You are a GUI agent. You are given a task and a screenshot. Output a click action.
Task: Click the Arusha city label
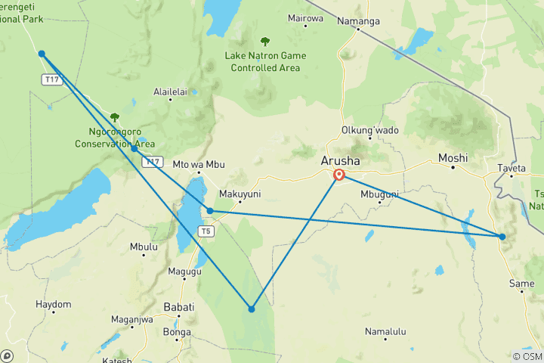pyautogui.click(x=341, y=161)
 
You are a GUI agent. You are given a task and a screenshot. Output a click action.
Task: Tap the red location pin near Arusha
pyautogui.click(x=339, y=175)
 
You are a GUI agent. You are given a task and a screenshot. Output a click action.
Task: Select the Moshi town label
pyautogui.click(x=453, y=158)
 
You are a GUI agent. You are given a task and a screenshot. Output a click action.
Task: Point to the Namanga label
pyautogui.click(x=358, y=21)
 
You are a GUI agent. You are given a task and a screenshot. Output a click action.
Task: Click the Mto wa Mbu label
pyautogui.click(x=199, y=164)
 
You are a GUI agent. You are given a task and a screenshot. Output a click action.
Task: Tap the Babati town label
pyautogui.click(x=179, y=307)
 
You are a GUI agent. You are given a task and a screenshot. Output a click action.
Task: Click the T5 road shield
pyautogui.click(x=204, y=231)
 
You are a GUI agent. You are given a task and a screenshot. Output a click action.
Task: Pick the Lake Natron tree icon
pyautogui.click(x=264, y=42)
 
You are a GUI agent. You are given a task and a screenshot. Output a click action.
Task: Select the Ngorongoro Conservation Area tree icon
pyautogui.click(x=114, y=117)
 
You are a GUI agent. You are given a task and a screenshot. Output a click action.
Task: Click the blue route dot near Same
pyautogui.click(x=502, y=237)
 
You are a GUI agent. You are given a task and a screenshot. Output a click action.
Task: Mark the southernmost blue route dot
pyautogui.click(x=252, y=309)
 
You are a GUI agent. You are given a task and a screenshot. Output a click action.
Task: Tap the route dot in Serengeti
pyautogui.click(x=42, y=54)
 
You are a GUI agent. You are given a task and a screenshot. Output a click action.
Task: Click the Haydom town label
pyautogui.click(x=54, y=304)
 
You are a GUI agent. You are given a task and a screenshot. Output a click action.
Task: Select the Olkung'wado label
pyautogui.click(x=370, y=130)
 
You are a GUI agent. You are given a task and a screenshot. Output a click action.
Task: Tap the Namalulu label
pyautogui.click(x=385, y=331)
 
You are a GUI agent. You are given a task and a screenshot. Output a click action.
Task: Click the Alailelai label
pyautogui.click(x=170, y=92)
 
